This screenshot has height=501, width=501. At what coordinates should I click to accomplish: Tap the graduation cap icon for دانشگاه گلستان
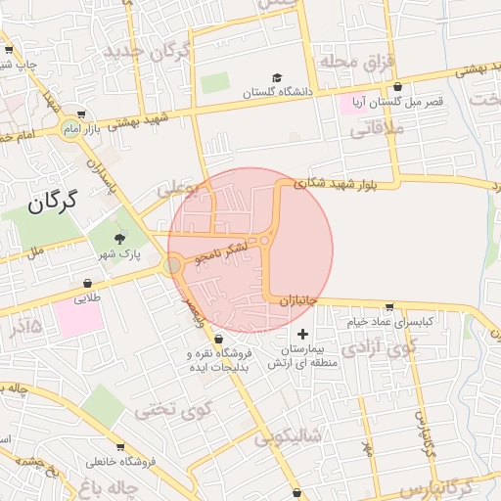[x=277, y=76]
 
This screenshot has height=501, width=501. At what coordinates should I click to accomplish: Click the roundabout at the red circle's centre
[x=264, y=240]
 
